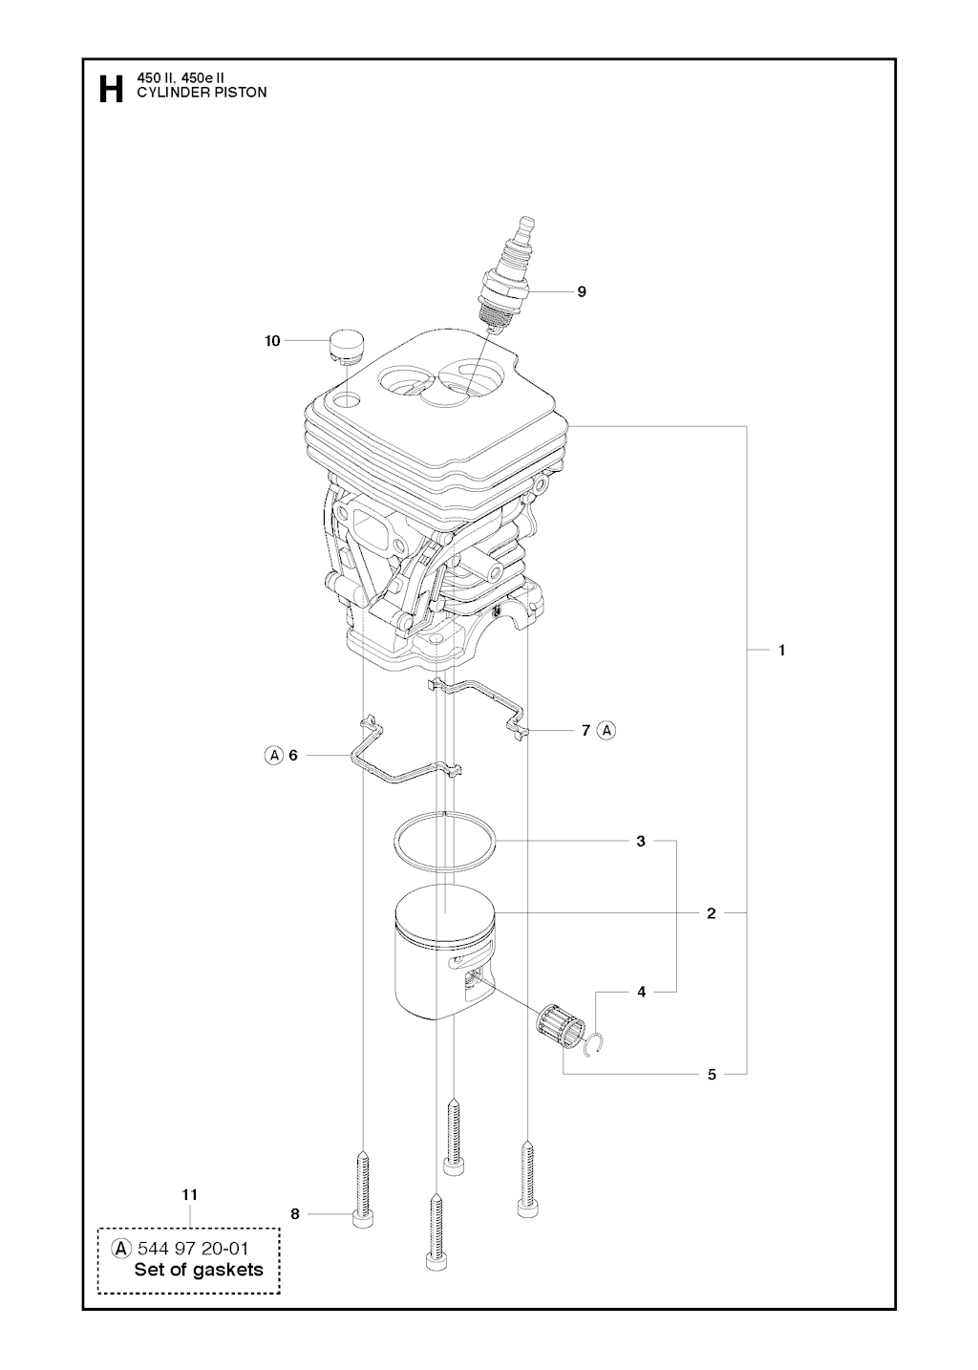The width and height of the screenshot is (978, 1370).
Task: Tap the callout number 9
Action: [582, 291]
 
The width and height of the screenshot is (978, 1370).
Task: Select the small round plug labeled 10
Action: [347, 347]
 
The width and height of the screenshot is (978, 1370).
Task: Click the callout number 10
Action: [272, 341]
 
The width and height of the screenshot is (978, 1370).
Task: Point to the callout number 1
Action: [781, 651]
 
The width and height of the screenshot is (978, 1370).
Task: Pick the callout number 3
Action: [641, 842]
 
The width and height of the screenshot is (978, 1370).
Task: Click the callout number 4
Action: [641, 992]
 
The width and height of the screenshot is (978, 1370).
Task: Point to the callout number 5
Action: [712, 1075]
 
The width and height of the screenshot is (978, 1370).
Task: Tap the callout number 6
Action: [293, 756]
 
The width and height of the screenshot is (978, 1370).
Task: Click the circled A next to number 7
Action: [606, 730]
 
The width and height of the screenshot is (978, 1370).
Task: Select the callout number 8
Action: [294, 1214]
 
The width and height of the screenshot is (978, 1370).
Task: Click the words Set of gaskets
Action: [199, 1271]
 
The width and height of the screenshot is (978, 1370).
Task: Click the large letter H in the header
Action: [111, 89]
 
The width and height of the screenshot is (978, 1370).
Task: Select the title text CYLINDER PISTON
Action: [202, 93]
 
